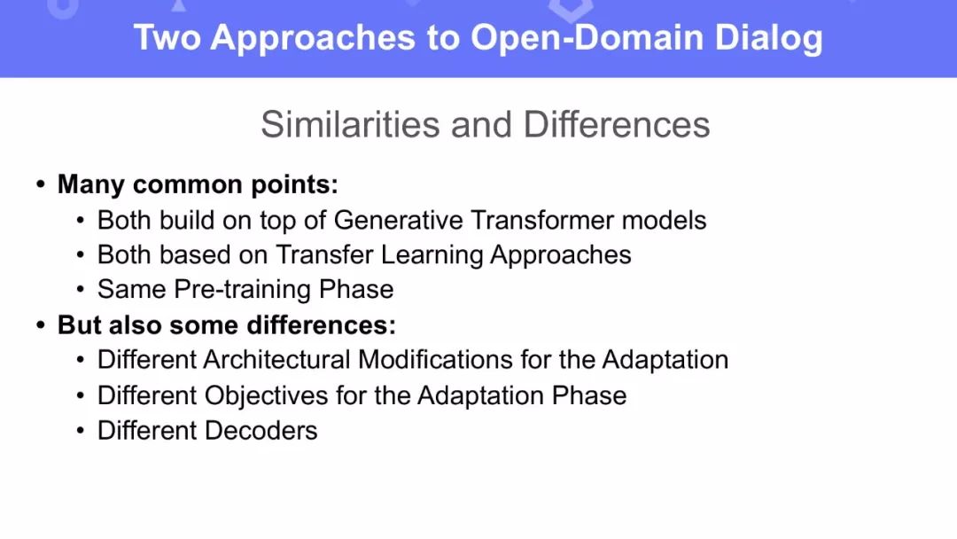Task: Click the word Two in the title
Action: [167, 37]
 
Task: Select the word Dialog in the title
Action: [768, 38]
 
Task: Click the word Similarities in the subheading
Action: [351, 124]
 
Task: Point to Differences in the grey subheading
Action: [617, 124]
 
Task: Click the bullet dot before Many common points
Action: [41, 184]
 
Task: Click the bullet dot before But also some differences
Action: [41, 324]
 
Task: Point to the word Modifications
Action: [435, 360]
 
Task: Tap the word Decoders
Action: [261, 431]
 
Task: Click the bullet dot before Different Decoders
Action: [81, 430]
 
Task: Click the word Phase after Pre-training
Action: [356, 290]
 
